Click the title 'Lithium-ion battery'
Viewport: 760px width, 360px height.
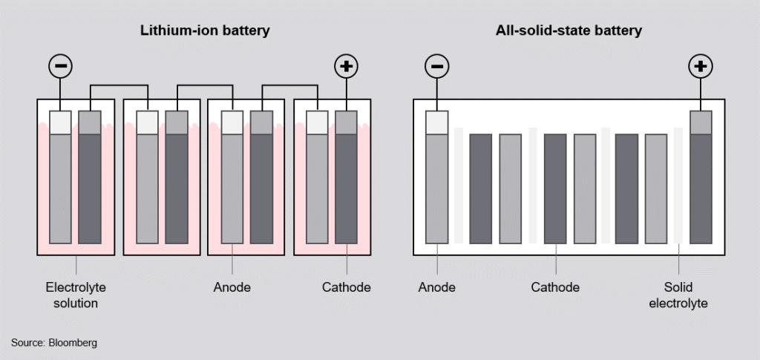[x=205, y=31]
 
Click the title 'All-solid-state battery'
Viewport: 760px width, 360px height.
[x=569, y=31]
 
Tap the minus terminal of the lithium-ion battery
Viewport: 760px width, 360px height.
[x=61, y=66]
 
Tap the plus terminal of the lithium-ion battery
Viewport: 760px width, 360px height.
[x=346, y=66]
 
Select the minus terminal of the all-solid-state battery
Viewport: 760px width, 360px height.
[x=436, y=66]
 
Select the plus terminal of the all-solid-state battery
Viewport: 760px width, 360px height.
[x=701, y=66]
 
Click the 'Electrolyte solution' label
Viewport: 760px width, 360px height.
[x=76, y=295]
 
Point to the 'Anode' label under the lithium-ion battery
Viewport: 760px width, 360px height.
[x=232, y=287]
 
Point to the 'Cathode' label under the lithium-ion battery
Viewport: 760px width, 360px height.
[x=347, y=287]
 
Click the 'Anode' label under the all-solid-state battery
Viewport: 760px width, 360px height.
[x=436, y=287]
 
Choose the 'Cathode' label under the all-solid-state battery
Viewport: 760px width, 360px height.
[x=555, y=287]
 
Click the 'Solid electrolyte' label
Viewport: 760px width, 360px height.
[x=678, y=295]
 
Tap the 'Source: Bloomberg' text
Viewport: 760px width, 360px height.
[x=53, y=343]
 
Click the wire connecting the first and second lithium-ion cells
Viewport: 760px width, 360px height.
[x=119, y=86]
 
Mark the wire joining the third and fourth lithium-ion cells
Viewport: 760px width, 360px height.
[x=290, y=86]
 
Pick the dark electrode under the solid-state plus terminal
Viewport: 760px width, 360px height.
[x=701, y=177]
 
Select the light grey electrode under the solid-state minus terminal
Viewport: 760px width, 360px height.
[x=436, y=177]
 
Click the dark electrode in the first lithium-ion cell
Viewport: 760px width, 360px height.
[x=90, y=177]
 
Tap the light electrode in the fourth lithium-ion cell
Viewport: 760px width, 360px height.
[x=318, y=177]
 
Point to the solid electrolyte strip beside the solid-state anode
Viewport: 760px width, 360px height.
[x=459, y=186]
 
